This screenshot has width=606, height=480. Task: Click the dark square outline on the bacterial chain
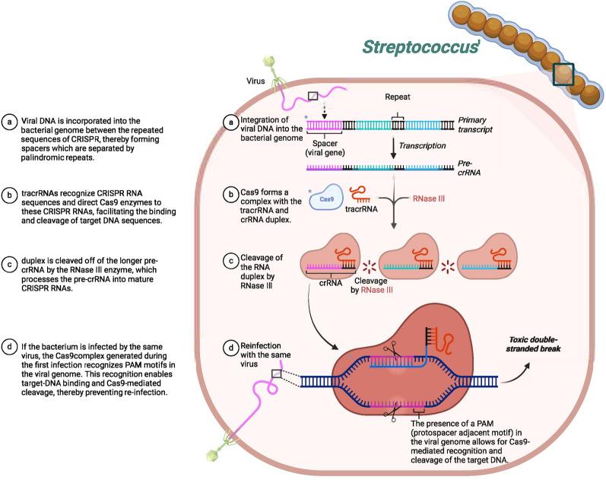563,75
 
